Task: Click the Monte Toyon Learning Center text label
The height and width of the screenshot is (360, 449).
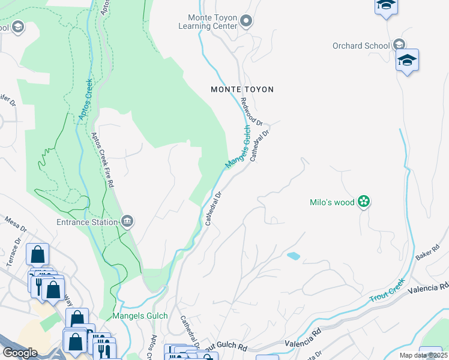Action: (208, 22)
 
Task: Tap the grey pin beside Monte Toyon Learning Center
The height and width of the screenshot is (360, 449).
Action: (246, 22)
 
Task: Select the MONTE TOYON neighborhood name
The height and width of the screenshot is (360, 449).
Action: (242, 89)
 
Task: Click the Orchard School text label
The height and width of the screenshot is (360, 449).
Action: (361, 46)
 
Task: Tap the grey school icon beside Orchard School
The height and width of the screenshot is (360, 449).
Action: (399, 45)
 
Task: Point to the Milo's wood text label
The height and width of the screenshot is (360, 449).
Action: (332, 202)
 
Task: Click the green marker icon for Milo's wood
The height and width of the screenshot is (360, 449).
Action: (363, 202)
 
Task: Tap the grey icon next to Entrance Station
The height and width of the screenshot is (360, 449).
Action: (127, 222)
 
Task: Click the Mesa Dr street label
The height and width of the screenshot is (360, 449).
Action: (16, 224)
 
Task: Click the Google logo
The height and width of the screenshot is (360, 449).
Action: (20, 353)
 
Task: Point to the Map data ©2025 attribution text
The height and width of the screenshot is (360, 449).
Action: (423, 355)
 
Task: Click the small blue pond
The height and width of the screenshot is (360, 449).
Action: (294, 256)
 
